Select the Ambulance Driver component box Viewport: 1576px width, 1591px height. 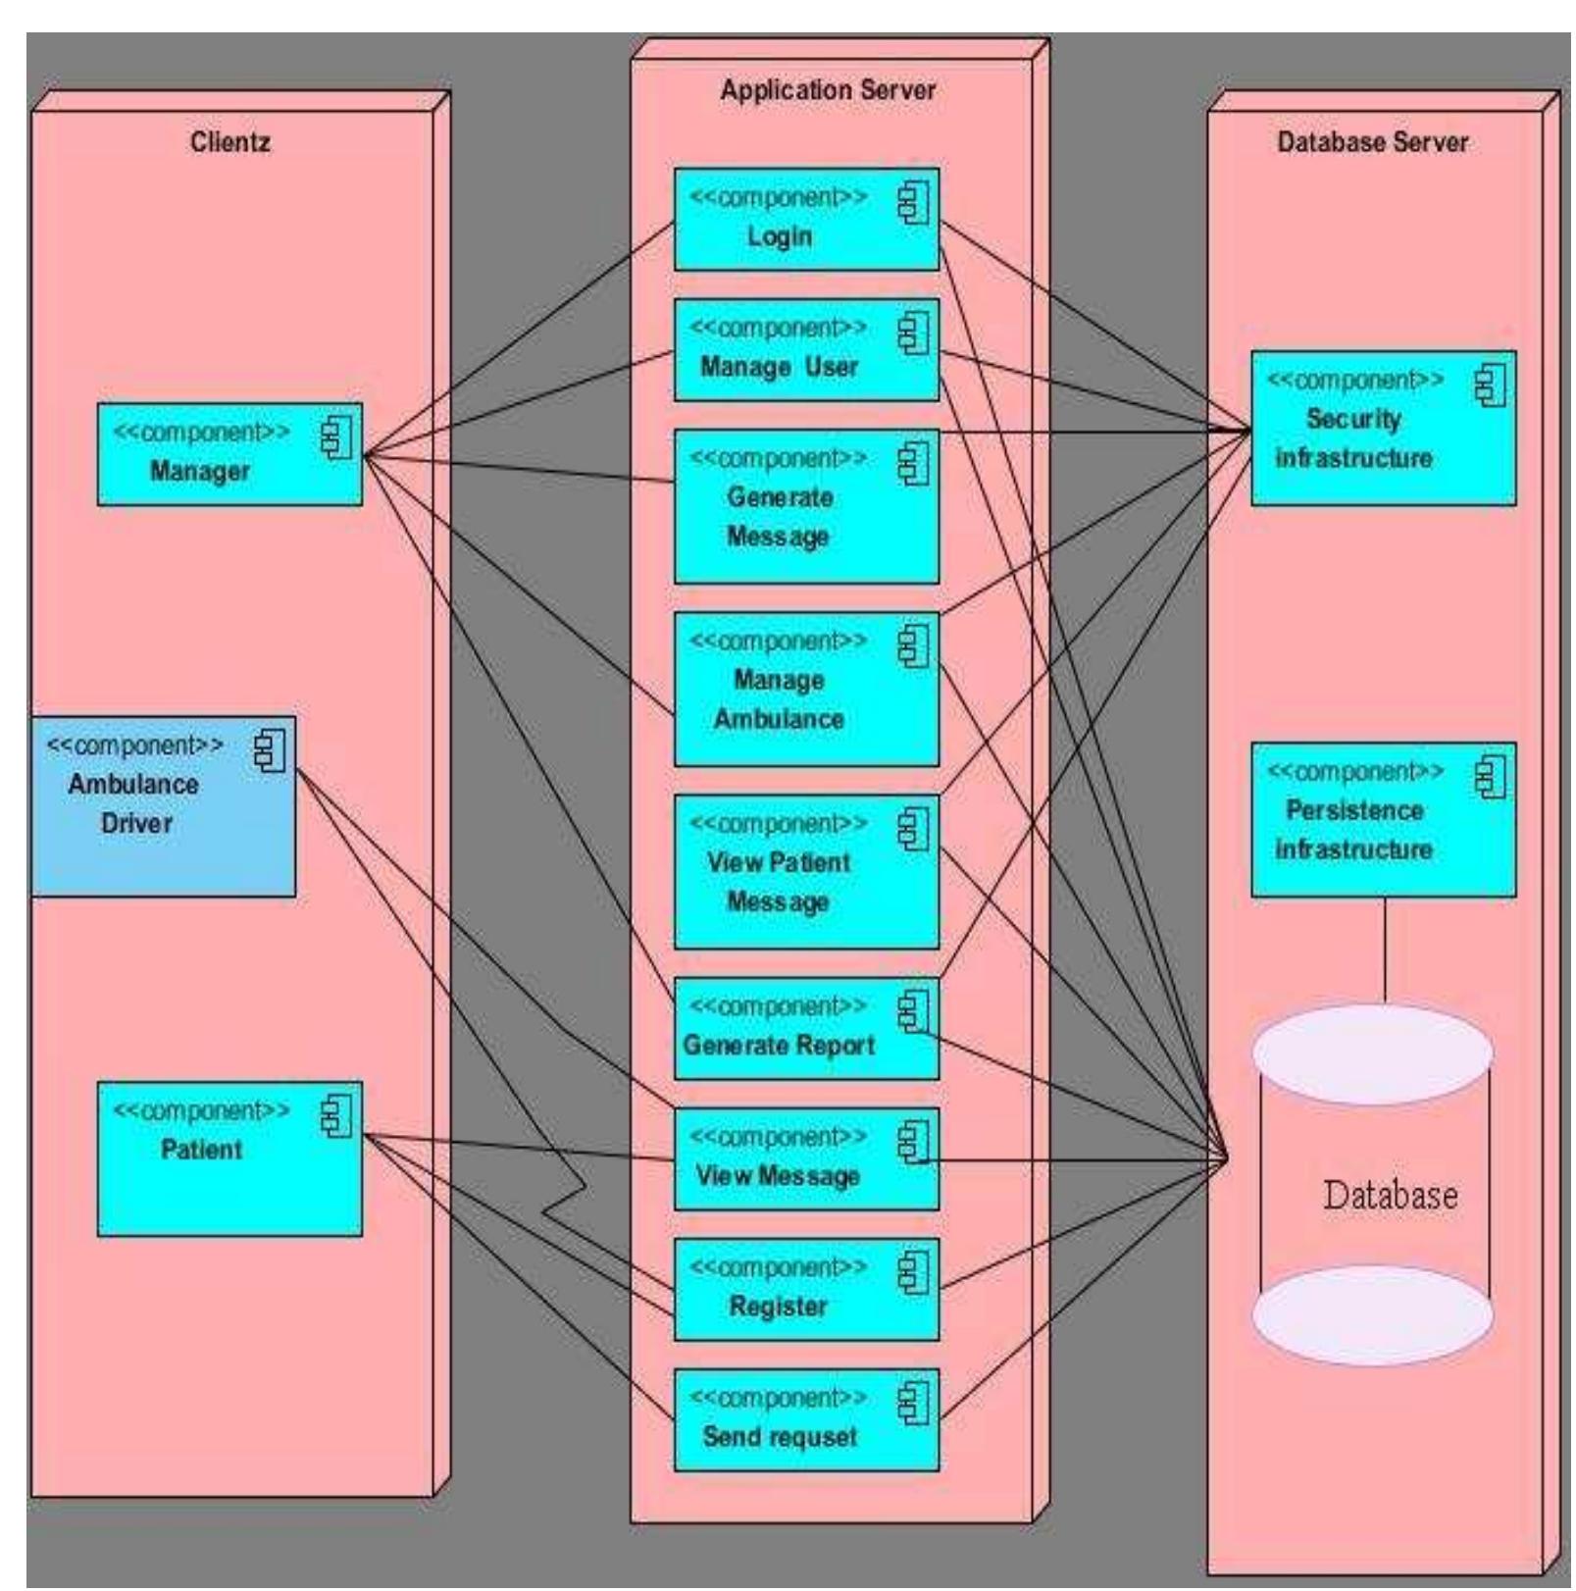(x=162, y=805)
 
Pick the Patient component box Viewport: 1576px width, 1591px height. (x=229, y=1158)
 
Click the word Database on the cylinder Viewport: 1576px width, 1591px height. (x=1390, y=1196)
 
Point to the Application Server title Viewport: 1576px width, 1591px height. (x=828, y=90)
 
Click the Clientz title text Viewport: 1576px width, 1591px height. (x=229, y=142)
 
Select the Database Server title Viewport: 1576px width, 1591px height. (x=1372, y=142)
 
